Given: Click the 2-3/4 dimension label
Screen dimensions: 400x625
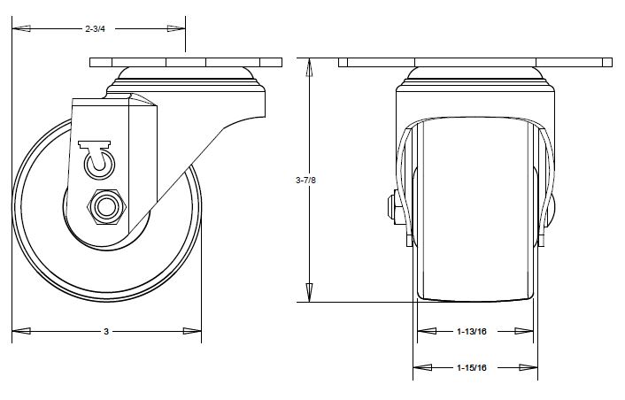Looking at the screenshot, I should [95, 29].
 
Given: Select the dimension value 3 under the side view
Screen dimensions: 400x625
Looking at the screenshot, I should [106, 332].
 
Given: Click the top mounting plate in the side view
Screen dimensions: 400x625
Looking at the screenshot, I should [186, 63].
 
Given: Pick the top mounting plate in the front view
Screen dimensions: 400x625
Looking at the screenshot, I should [476, 63].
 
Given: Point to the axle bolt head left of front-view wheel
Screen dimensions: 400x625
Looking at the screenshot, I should [392, 208].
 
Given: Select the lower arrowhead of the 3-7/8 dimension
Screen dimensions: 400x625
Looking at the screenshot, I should [310, 292].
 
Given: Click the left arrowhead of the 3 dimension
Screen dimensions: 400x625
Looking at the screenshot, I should [21, 332].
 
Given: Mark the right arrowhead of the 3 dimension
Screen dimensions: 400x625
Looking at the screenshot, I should [192, 332].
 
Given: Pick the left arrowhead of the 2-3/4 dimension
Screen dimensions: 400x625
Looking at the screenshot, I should [21, 29].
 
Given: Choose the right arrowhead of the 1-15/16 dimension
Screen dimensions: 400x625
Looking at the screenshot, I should [529, 366].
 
